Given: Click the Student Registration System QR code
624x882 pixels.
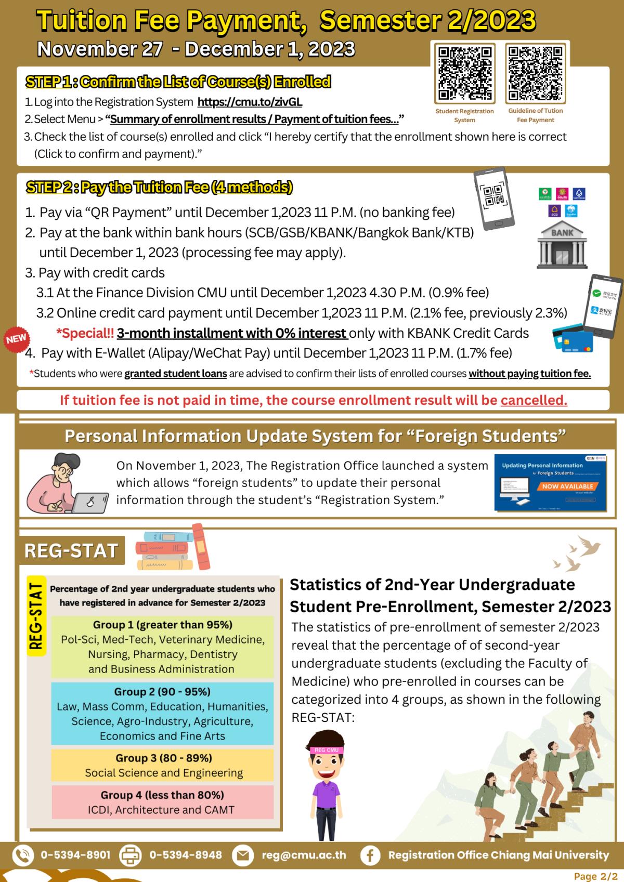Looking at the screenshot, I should [x=464, y=73].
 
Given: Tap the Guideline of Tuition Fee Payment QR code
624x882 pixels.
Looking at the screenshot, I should [x=536, y=73].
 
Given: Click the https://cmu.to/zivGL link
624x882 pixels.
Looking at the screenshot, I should [x=250, y=102].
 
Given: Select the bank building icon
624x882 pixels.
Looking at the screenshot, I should [x=562, y=244].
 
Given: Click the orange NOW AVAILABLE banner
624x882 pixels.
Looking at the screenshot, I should [x=567, y=486].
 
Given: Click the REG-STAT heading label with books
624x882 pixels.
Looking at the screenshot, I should [x=72, y=550].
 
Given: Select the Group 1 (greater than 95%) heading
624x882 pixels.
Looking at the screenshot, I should [x=163, y=625].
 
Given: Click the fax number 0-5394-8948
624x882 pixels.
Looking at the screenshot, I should [x=186, y=855].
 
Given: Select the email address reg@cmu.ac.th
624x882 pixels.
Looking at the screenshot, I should [x=304, y=855].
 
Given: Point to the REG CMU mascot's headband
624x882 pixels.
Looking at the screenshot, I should [x=326, y=750].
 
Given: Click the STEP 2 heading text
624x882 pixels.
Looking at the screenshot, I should [x=159, y=187].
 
